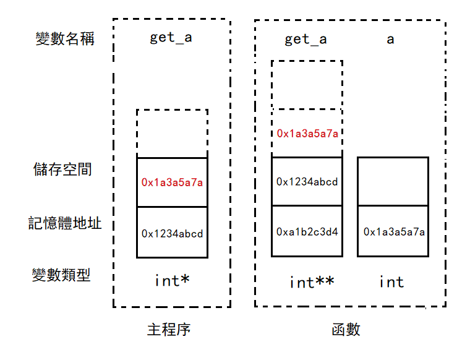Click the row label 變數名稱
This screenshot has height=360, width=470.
(65, 39)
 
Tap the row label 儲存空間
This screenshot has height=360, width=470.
(63, 169)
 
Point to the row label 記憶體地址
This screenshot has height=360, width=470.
(65, 223)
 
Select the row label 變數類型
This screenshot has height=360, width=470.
(61, 275)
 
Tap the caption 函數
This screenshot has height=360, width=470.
(345, 329)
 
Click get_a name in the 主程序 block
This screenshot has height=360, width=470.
(171, 38)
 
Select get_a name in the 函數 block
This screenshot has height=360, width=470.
(305, 40)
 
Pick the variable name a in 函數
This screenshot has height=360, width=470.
(390, 40)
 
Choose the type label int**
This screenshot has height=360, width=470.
(312, 282)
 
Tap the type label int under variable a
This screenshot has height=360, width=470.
(391, 282)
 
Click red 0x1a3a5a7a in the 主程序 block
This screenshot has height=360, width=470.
(172, 182)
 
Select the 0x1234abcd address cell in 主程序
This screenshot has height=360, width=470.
(172, 233)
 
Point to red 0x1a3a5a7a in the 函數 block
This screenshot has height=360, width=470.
(307, 133)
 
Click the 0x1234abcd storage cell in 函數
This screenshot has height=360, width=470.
(307, 181)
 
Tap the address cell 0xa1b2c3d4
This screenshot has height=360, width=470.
(307, 231)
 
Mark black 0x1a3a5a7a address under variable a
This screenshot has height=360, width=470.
(393, 231)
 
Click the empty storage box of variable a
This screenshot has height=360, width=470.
(393, 182)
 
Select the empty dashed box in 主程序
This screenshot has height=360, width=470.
(172, 134)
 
